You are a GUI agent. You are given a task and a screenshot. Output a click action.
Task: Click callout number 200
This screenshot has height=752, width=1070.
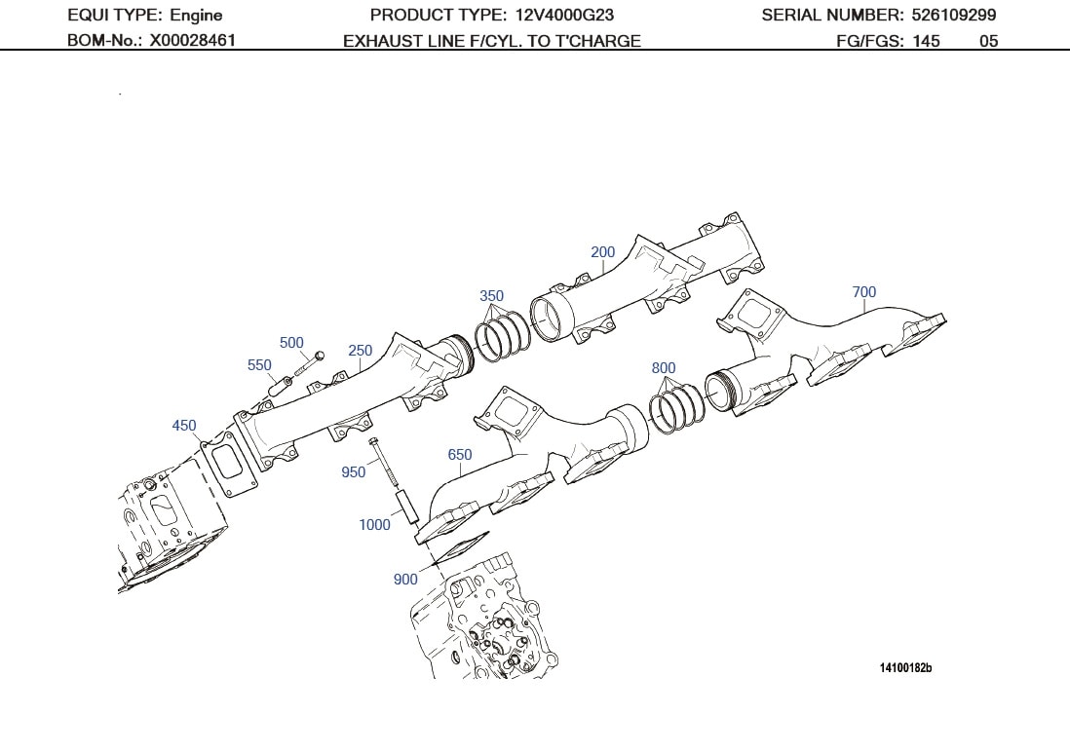[x=603, y=252]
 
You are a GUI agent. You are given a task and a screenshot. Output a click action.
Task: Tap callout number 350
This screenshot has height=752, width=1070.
[x=492, y=296]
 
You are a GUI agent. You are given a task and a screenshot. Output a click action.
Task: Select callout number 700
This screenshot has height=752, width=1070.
[x=863, y=292]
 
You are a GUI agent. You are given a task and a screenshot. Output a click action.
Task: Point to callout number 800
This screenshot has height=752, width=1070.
[x=664, y=368]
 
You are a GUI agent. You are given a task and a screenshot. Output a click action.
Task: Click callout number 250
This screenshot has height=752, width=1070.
[x=361, y=352]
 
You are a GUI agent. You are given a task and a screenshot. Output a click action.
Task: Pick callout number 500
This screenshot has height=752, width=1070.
[x=291, y=343]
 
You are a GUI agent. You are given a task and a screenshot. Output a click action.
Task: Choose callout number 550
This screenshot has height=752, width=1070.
[x=259, y=365]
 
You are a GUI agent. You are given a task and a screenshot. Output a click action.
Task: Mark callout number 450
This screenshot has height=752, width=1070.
[x=184, y=426]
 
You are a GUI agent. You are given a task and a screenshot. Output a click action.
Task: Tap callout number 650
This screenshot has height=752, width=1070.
[x=460, y=455]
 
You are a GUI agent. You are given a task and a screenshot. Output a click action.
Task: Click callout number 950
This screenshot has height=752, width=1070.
[x=354, y=472]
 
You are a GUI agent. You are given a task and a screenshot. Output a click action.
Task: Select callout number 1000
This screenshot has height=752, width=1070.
[x=374, y=525]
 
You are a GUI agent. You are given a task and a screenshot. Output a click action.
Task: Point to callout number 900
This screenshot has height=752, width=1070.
[x=405, y=580]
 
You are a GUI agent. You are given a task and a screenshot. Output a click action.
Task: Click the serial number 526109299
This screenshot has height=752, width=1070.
[x=954, y=16]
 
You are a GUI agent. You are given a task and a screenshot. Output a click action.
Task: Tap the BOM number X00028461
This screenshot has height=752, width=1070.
[x=192, y=41]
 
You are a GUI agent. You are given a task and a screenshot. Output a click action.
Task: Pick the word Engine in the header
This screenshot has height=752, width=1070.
[x=196, y=16]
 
